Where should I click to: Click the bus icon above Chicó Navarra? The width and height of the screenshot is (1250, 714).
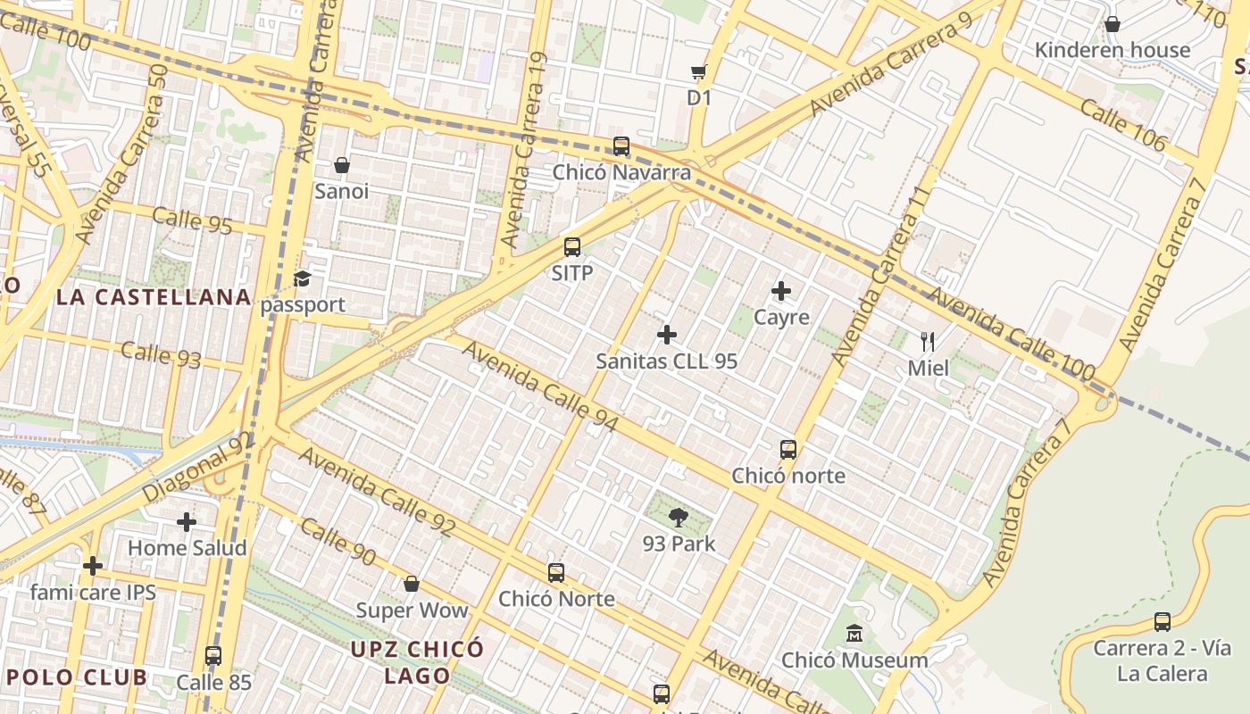coord(621,145)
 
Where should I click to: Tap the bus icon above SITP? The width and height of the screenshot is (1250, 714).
coord(572,247)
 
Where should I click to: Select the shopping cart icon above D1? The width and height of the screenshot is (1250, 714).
coord(698,71)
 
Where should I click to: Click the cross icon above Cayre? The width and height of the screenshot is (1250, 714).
coord(781,291)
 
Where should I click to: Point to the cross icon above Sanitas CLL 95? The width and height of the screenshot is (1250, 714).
coord(666,335)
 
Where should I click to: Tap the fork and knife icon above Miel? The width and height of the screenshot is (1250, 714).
coord(928,341)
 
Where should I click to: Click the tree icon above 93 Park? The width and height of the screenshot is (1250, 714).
coord(679,517)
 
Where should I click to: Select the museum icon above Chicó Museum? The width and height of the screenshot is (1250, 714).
coord(854,634)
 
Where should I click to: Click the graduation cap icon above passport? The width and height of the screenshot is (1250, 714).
coord(302,278)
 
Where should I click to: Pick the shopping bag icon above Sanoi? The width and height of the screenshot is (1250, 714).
coord(341,165)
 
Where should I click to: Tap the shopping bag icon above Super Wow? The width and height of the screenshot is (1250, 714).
coord(412,584)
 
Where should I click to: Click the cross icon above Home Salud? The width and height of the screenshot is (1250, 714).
coord(187,521)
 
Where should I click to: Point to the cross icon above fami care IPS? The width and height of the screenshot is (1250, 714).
coord(93,566)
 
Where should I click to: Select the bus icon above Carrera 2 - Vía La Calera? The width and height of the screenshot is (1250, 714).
coord(1162,621)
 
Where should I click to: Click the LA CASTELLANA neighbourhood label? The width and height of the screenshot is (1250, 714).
coord(154,297)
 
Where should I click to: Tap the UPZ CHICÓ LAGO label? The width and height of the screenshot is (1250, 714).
coord(417,661)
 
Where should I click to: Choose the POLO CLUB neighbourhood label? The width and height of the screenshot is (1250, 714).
coord(77,677)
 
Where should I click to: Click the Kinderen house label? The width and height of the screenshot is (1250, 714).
coord(1112,50)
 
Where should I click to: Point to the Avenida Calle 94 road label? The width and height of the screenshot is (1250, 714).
coord(540,387)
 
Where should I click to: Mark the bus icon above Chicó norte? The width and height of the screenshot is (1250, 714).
coord(787,449)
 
